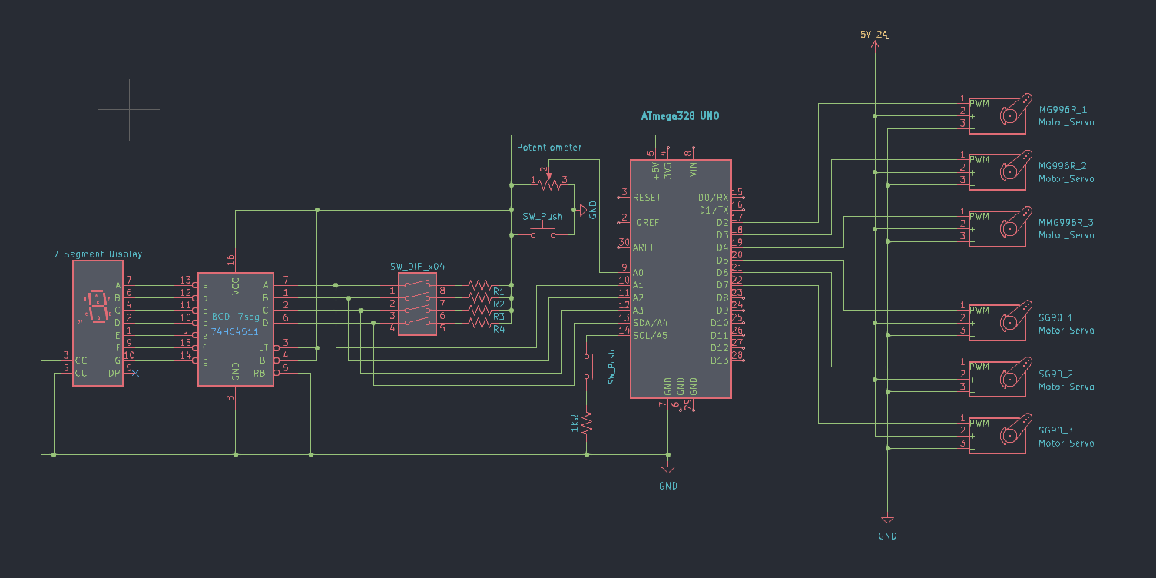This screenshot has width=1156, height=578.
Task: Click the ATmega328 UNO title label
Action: click(680, 116)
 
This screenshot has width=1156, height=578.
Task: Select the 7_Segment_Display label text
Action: click(98, 254)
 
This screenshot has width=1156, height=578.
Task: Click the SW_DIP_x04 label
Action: click(417, 266)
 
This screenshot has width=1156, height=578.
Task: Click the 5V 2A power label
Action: click(873, 35)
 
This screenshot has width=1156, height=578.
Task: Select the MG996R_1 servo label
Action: click(1062, 110)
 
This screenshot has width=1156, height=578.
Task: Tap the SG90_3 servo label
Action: click(1055, 430)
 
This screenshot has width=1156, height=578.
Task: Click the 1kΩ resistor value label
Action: click(573, 422)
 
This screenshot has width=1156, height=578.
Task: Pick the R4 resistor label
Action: click(499, 329)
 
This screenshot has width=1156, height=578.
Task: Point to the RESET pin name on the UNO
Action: click(647, 197)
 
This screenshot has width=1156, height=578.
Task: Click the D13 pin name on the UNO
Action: click(719, 360)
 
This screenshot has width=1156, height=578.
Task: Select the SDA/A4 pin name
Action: click(650, 323)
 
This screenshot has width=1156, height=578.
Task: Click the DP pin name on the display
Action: click(114, 374)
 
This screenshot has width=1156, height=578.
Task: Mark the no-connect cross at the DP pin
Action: click(136, 374)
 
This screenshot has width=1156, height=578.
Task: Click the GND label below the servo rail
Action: click(887, 536)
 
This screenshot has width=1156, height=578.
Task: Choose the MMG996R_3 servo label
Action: click(1065, 222)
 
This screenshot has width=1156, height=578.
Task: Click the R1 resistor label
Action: click(499, 291)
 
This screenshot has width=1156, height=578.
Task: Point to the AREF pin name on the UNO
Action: click(645, 247)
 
